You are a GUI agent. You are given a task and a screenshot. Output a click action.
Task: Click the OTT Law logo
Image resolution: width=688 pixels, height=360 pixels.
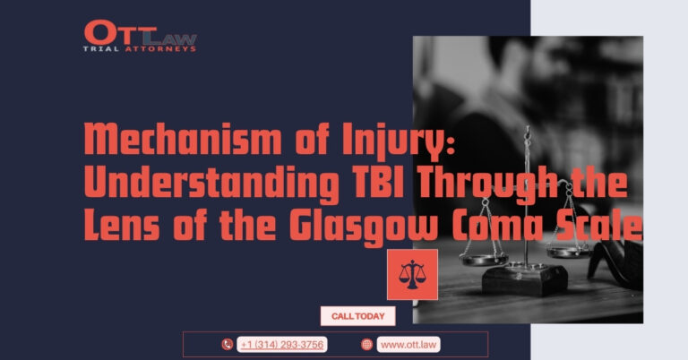pos(140,36)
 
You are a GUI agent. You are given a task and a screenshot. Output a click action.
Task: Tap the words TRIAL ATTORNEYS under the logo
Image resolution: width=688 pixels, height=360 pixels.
pos(140,49)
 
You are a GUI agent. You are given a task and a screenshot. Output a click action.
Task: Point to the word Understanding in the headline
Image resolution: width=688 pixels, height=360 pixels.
pos(211,184)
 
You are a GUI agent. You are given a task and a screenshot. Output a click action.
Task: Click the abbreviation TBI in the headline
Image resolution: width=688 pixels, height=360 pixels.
pos(377,182)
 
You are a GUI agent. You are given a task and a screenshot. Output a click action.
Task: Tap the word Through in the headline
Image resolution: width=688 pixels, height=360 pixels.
pos(487,184)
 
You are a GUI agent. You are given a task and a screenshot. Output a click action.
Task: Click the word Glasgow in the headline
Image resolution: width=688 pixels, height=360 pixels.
pos(364,227)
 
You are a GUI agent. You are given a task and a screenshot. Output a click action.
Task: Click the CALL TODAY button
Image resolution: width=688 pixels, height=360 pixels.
pos(358,316)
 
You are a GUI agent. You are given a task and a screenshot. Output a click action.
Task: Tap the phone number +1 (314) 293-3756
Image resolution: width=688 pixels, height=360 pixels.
pos(282,345)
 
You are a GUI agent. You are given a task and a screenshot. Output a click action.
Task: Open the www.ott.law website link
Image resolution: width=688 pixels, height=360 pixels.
pos(408,345)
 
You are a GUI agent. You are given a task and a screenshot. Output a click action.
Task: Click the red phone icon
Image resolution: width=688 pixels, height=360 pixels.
pos(227,345)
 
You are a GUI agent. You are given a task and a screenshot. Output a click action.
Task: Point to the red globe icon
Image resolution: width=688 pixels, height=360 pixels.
pos(366,345)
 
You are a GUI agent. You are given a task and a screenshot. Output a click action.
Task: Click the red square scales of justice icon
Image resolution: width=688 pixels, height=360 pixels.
pos(412,275)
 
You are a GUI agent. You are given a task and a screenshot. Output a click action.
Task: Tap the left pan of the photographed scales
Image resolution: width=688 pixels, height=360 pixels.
pos(484,259)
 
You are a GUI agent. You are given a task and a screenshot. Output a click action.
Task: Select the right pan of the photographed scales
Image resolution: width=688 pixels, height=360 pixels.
pos(570,252)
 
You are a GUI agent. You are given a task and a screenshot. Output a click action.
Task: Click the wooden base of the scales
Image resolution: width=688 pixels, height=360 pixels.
pos(525,279)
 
